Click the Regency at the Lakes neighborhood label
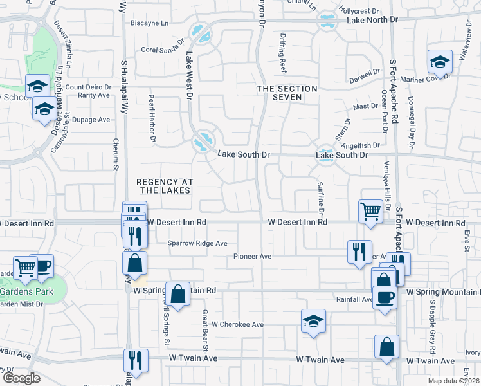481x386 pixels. (163, 186)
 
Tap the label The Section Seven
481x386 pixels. (287, 93)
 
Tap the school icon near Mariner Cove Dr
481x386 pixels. (440, 62)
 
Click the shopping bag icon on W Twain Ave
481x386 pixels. (386, 347)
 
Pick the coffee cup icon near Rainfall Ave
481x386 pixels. (385, 298)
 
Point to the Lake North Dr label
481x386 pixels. (372, 20)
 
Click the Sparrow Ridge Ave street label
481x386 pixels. (198, 243)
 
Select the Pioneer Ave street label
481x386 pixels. (253, 256)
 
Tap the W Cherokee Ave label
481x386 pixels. (238, 325)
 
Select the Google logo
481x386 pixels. (21, 378)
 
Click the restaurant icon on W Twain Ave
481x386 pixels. (136, 361)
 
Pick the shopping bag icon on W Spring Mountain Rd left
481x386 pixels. (178, 294)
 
